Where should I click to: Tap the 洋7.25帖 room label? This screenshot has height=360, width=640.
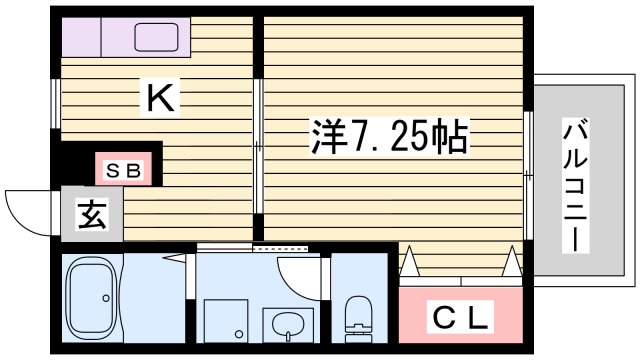coord(385,135)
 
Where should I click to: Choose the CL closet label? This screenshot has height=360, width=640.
coord(461,319)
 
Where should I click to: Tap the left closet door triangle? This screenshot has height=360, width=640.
coord(409,263)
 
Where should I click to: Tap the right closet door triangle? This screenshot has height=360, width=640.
coord(513,263)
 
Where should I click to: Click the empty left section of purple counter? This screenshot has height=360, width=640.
coord(83,37)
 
